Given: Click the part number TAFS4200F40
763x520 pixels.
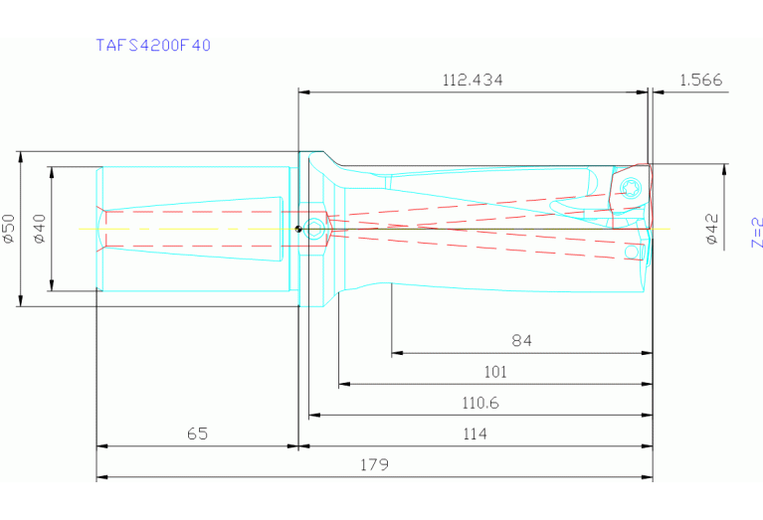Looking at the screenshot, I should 152,45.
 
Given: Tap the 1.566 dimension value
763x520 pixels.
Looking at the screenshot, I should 700,80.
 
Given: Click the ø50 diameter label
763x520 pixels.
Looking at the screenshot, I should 9,229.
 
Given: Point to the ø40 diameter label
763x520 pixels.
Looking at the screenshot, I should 39,229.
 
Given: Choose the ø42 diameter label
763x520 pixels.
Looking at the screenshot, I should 711,228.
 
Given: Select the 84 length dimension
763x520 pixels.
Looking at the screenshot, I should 521,340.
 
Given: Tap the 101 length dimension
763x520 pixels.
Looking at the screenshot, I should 494,372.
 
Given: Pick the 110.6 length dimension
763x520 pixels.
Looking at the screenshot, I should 479,403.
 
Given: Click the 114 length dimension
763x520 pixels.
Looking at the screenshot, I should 475,434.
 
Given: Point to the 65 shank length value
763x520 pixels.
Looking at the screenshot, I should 197,434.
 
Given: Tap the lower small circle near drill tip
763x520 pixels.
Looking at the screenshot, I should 630,253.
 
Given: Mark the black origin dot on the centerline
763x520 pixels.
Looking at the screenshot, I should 298,230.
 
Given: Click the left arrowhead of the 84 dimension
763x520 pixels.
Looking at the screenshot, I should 395,352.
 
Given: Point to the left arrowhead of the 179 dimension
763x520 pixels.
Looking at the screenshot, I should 100,477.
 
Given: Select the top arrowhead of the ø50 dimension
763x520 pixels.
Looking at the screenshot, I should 21,155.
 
